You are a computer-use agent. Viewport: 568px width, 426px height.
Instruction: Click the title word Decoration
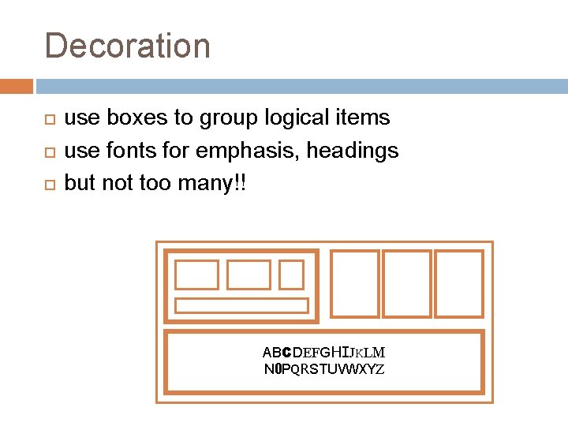point(128,46)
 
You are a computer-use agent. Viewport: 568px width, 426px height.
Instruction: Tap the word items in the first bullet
point(361,118)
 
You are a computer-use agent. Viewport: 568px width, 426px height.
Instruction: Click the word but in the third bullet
point(78,183)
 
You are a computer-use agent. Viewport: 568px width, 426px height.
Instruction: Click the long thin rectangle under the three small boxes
point(241,305)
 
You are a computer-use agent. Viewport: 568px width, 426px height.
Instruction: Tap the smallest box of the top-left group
point(291,275)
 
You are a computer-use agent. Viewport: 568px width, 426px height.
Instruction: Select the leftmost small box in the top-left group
point(196,275)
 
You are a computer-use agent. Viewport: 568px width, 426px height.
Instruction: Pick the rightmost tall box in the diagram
point(458,283)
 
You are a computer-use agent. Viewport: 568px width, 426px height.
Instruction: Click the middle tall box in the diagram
point(406,283)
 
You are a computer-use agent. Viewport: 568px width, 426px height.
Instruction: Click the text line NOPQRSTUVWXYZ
point(323,368)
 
